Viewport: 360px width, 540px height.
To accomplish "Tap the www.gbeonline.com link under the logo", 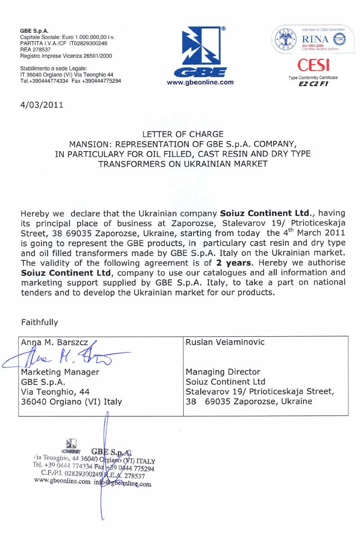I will [x=200, y=82].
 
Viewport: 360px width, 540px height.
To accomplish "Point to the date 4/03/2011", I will [x=42, y=105].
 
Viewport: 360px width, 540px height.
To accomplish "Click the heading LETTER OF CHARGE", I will [x=183, y=134].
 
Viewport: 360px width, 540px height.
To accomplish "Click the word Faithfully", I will [x=40, y=322].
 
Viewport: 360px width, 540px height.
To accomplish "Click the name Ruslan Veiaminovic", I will [x=225, y=342].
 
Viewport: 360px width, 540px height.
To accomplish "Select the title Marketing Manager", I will [x=60, y=372].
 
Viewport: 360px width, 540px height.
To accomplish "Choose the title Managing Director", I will [x=223, y=372].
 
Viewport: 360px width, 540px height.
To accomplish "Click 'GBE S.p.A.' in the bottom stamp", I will [x=110, y=452].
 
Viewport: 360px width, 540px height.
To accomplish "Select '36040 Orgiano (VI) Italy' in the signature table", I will [x=72, y=402].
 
